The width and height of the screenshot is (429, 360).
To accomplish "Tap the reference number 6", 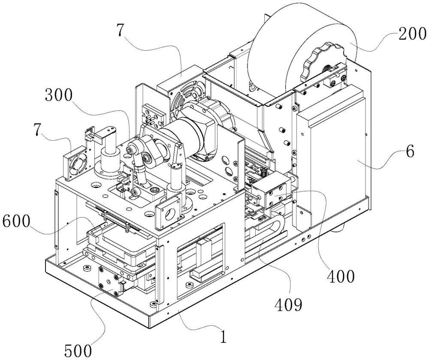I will pos(410,152).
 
